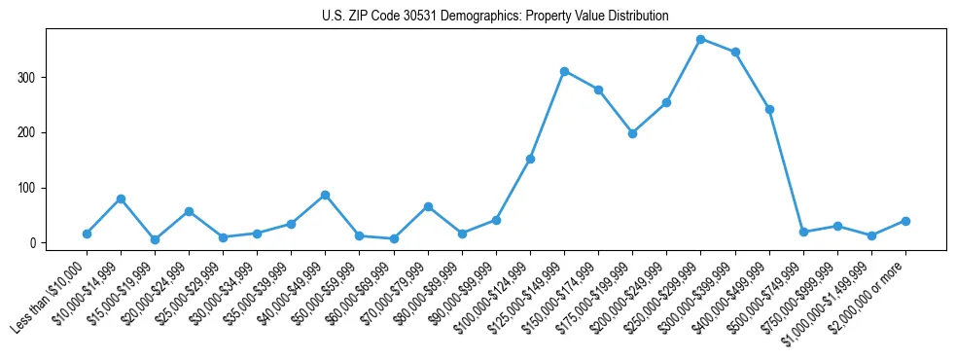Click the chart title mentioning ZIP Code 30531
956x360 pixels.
(x=495, y=17)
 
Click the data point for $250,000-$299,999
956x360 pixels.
(x=700, y=39)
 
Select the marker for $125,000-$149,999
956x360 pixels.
(x=564, y=71)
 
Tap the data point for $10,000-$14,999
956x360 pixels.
(x=121, y=198)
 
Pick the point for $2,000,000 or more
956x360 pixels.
(x=905, y=221)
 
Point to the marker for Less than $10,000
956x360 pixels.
(x=87, y=234)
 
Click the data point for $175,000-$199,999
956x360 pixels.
(x=632, y=133)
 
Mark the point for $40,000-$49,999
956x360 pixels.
(x=325, y=195)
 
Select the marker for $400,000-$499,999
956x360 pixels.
(x=769, y=109)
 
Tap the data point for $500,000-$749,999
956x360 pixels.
(x=803, y=232)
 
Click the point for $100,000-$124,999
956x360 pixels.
(x=530, y=159)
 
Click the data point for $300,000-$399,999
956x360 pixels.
(x=735, y=52)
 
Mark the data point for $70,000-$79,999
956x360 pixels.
(x=428, y=206)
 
